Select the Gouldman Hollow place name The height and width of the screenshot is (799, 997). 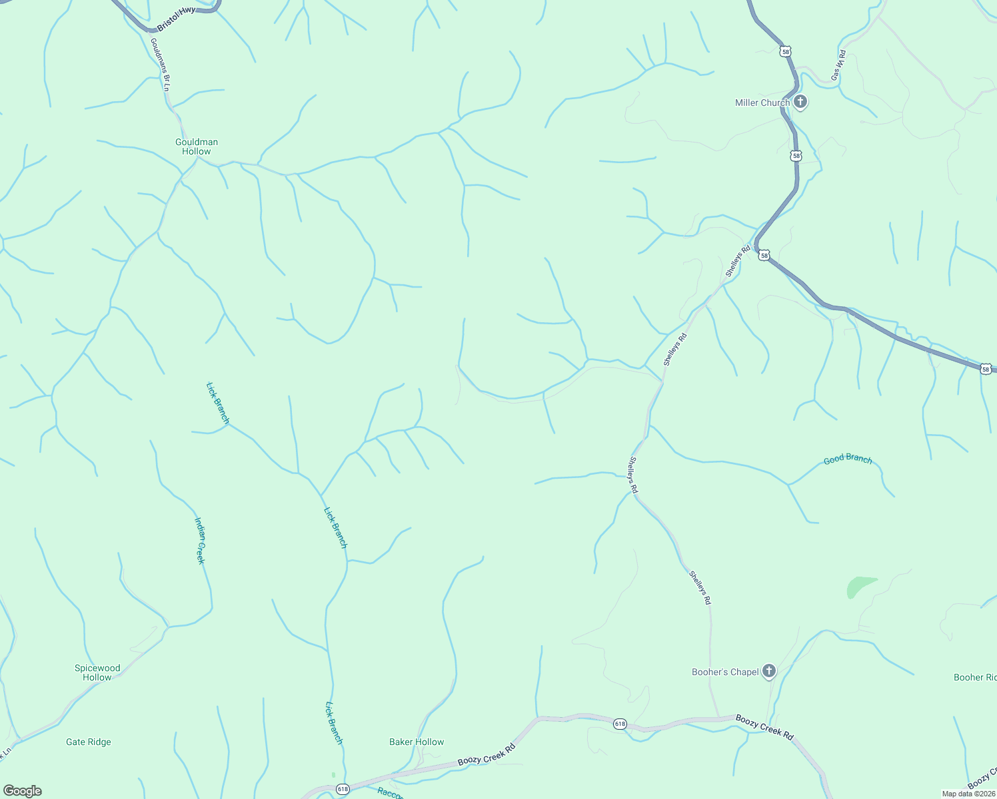tap(197, 146)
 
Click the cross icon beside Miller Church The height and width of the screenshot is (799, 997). tap(801, 103)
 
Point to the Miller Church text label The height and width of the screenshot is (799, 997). tap(762, 103)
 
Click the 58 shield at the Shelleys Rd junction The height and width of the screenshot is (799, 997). tap(764, 256)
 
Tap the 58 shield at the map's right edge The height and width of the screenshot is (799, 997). tap(986, 368)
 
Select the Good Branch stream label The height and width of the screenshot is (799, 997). tap(848, 459)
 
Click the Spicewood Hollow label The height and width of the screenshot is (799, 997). tap(97, 672)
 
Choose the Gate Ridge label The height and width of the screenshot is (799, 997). tap(89, 742)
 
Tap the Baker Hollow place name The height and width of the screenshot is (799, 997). tap(417, 742)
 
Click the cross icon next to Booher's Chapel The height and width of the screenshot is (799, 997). tap(769, 671)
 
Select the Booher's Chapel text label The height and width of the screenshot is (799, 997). tap(725, 672)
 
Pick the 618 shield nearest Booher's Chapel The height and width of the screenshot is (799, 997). tap(620, 724)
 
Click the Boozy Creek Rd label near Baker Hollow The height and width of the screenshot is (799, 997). tap(487, 754)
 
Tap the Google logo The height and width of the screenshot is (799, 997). tap(23, 791)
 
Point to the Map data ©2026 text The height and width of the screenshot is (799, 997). tap(968, 794)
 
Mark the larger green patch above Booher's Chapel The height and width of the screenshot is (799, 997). tap(858, 587)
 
